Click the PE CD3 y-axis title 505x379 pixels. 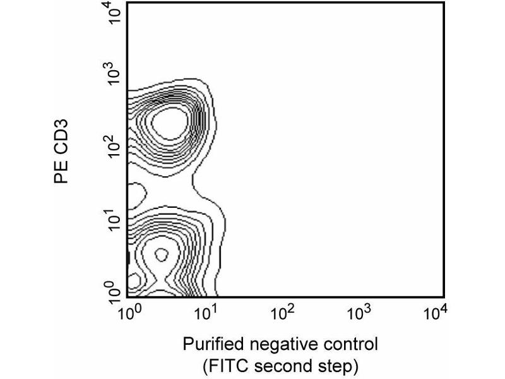pyautogui.click(x=62, y=155)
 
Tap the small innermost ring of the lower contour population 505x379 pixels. pyautogui.click(x=160, y=255)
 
